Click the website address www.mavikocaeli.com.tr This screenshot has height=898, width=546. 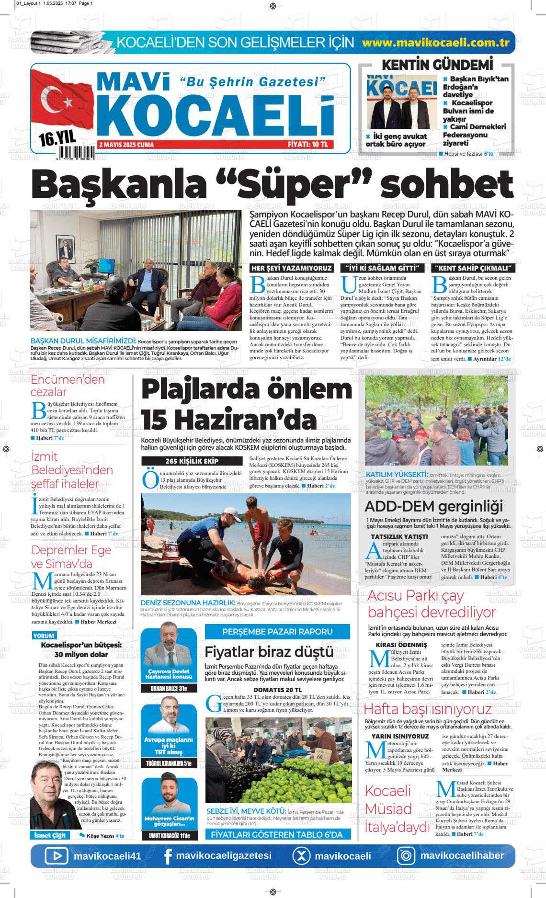435,43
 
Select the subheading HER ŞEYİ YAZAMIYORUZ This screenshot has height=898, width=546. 291,268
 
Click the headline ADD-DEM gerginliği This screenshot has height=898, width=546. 433,506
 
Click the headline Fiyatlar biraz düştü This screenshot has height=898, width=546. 269,652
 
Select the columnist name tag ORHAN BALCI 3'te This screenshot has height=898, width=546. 169,689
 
